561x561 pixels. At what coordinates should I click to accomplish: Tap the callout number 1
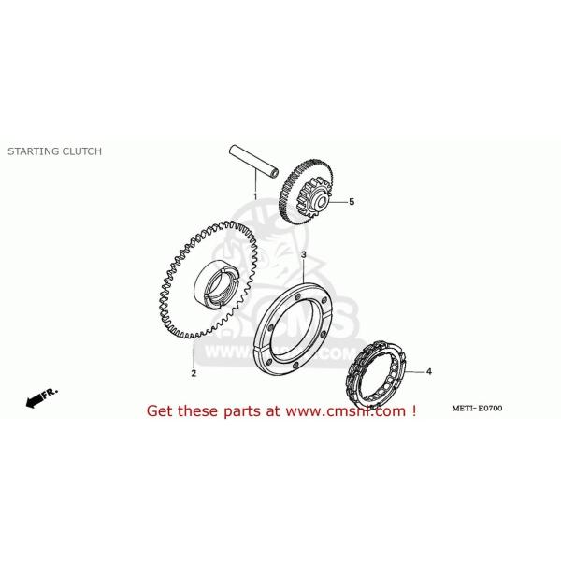coord(254,196)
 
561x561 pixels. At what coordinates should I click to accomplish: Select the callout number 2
coord(194,373)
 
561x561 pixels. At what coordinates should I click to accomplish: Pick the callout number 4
coord(429,372)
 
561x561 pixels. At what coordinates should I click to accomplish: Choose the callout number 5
coord(352,201)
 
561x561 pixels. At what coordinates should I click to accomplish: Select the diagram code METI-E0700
coord(477,409)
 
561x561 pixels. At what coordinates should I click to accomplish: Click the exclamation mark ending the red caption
coord(412,410)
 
